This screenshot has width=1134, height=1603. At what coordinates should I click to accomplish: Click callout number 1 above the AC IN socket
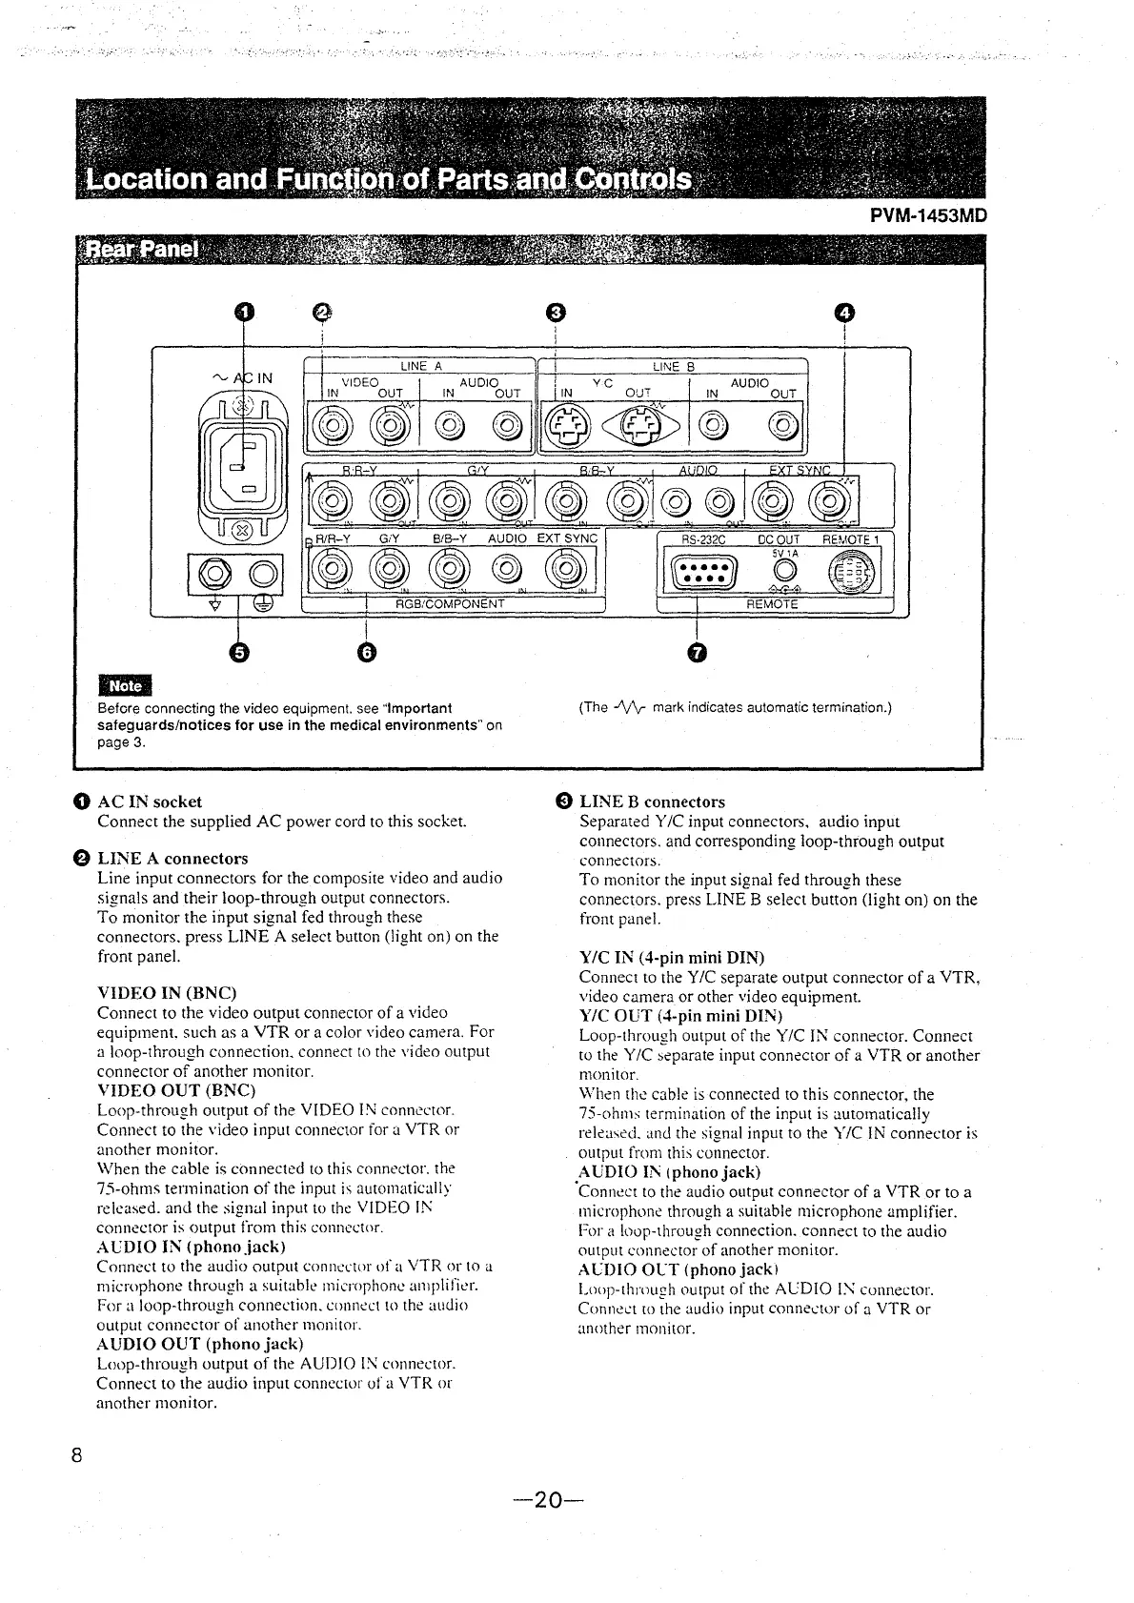tap(245, 312)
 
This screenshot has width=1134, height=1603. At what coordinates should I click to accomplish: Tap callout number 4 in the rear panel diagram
tap(844, 312)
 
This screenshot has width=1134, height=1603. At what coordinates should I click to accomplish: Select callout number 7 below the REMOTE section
tap(699, 652)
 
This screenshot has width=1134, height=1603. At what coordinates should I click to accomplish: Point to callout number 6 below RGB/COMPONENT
tap(368, 652)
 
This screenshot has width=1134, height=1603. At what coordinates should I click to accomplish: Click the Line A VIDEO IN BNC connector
tap(334, 422)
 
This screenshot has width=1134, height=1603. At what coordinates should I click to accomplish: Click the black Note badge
tap(125, 685)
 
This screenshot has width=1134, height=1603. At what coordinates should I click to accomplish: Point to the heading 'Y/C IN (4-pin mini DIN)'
tap(672, 957)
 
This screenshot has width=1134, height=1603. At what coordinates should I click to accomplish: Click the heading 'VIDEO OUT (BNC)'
tap(161, 1090)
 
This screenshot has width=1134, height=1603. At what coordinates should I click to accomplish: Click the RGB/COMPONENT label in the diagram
tap(450, 603)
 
